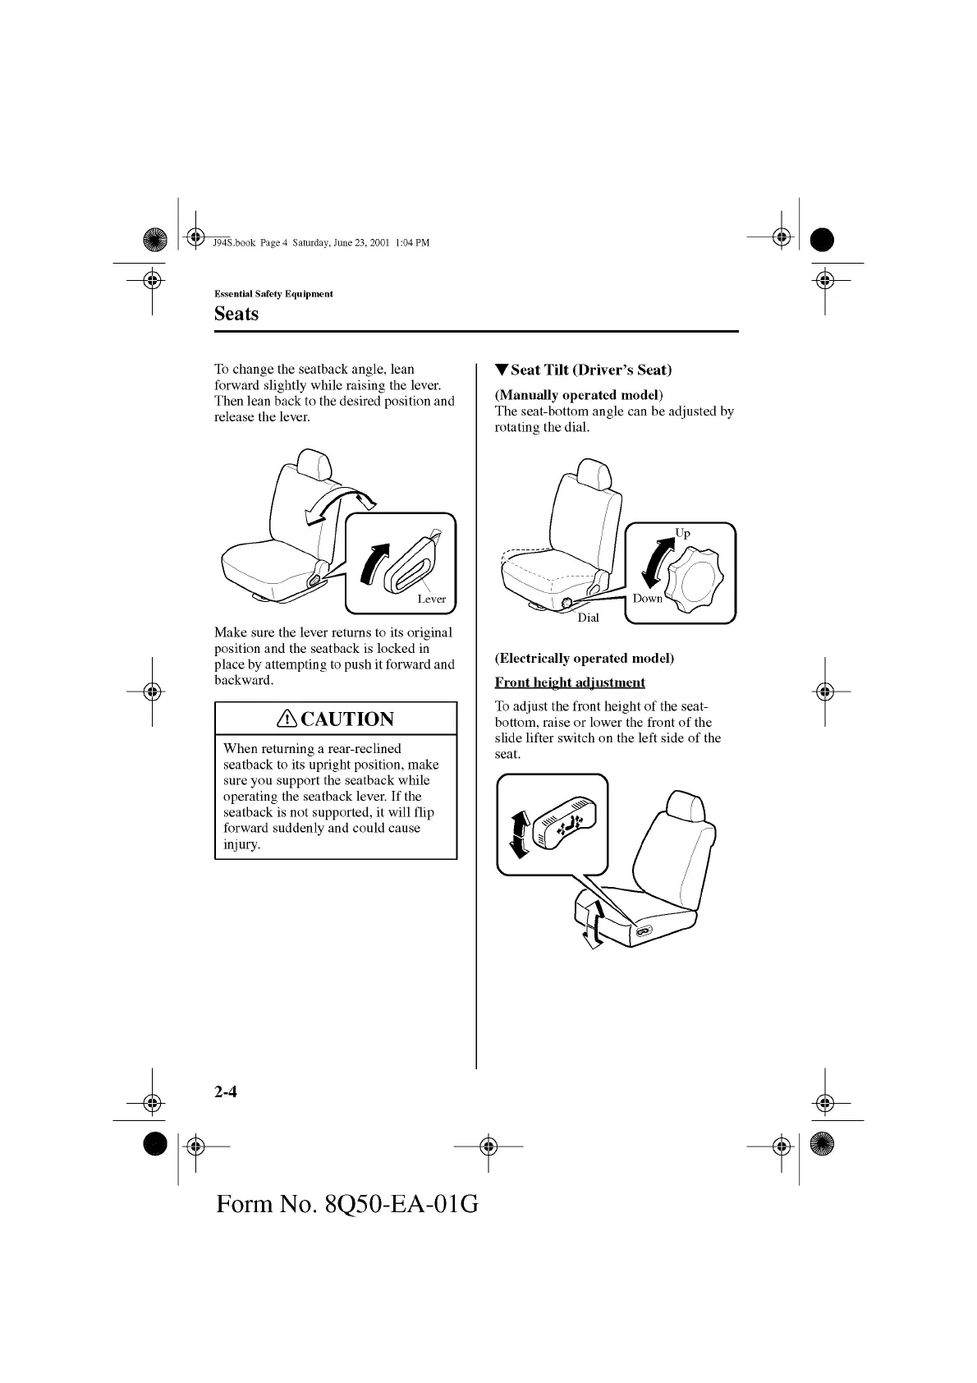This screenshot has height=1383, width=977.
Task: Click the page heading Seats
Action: tap(236, 314)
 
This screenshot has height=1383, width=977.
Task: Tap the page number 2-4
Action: tap(226, 1091)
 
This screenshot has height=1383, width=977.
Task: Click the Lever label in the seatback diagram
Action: tap(431, 599)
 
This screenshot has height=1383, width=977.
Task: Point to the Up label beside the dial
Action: tap(682, 533)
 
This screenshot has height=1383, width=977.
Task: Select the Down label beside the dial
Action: tap(647, 598)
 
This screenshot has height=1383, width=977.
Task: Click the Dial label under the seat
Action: tap(588, 618)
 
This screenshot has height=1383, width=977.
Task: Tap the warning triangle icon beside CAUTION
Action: tap(287, 719)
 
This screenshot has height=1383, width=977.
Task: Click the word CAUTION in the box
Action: tap(347, 719)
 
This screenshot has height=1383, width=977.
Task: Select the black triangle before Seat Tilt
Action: tap(502, 370)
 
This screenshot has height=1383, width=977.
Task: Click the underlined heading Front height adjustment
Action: tap(570, 682)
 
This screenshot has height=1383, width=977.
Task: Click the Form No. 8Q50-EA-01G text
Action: tap(347, 1204)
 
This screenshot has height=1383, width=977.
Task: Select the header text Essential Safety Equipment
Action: tap(273, 294)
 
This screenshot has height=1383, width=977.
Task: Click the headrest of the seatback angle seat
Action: tap(313, 465)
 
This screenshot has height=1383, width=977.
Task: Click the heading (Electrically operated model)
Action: tap(584, 658)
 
